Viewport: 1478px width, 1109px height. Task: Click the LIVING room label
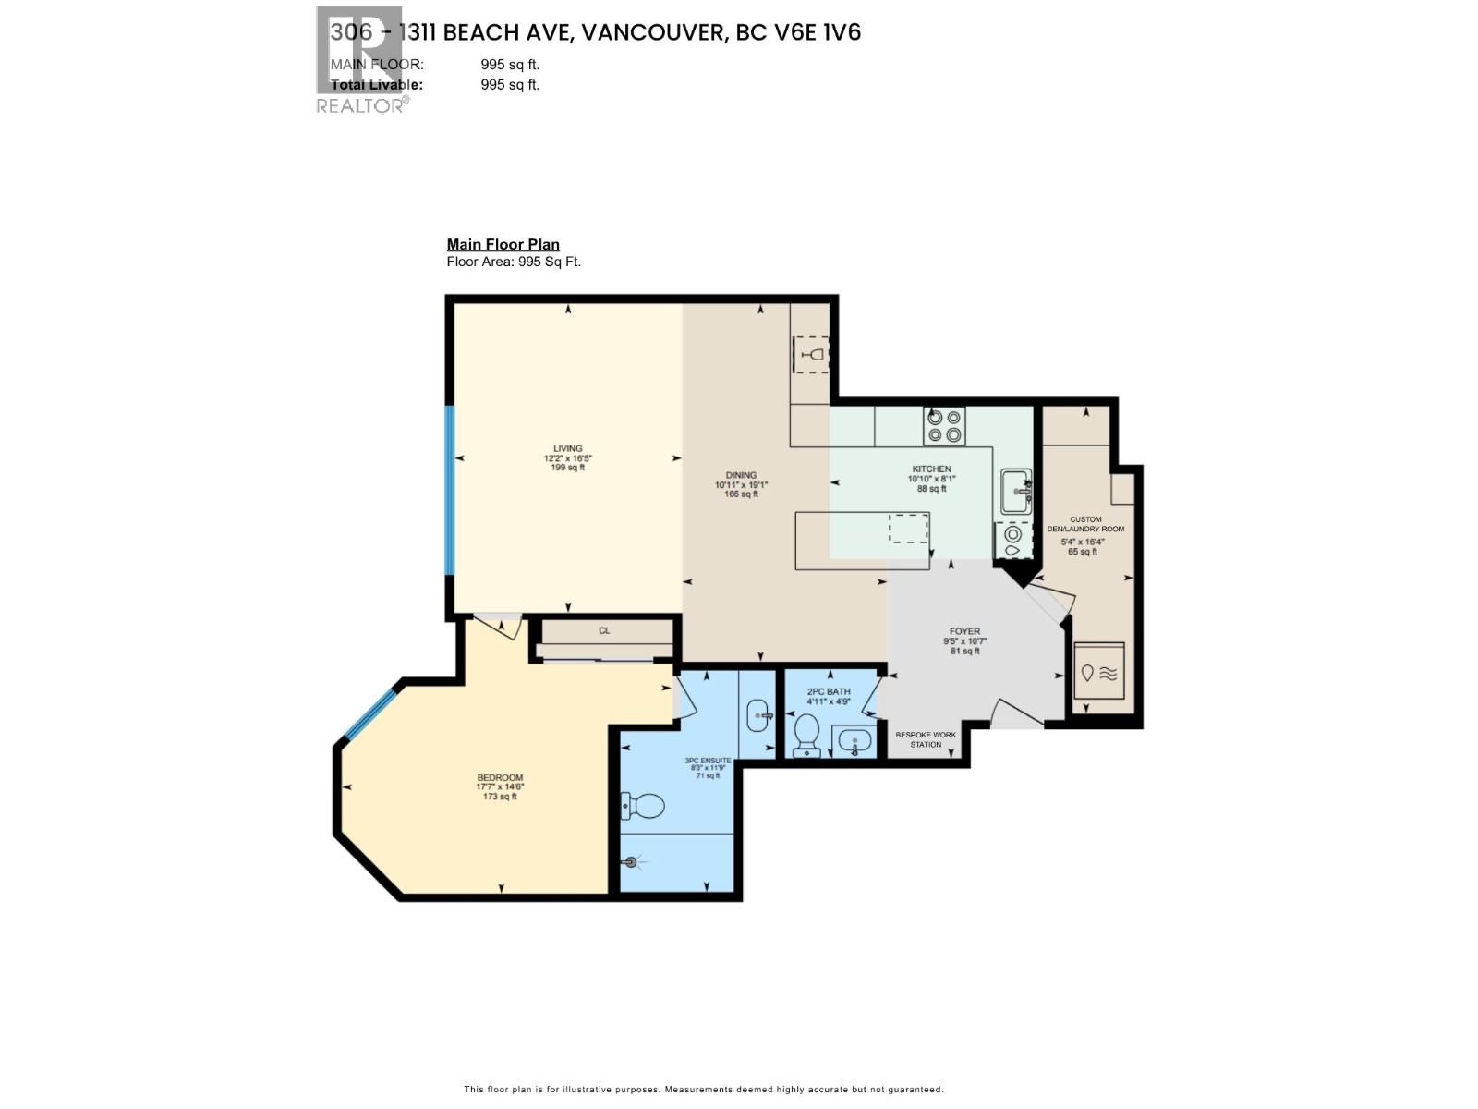pyautogui.click(x=567, y=449)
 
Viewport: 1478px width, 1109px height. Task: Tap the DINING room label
pyautogui.click(x=741, y=475)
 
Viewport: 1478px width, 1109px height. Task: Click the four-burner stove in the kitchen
pyautogui.click(x=944, y=426)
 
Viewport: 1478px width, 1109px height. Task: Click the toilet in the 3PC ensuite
pyautogui.click(x=644, y=806)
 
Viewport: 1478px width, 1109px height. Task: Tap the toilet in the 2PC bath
pyautogui.click(x=807, y=737)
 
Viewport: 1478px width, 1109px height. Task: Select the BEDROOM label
pyautogui.click(x=500, y=777)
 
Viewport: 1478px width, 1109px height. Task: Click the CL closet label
pyautogui.click(x=604, y=630)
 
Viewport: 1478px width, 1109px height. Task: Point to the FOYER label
pyautogui.click(x=964, y=631)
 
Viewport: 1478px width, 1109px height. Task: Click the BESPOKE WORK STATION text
pyautogui.click(x=926, y=739)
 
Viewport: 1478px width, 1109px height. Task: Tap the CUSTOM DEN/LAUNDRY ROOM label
pyautogui.click(x=1085, y=524)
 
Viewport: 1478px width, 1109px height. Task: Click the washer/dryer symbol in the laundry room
pyautogui.click(x=1099, y=672)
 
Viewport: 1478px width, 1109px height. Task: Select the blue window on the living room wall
pyautogui.click(x=451, y=491)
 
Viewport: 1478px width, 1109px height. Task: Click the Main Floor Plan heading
pyautogui.click(x=503, y=245)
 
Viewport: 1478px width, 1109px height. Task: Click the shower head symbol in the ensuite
pyautogui.click(x=632, y=862)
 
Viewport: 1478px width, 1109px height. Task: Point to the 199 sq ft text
pyautogui.click(x=567, y=468)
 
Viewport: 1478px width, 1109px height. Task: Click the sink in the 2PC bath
pyautogui.click(x=854, y=741)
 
